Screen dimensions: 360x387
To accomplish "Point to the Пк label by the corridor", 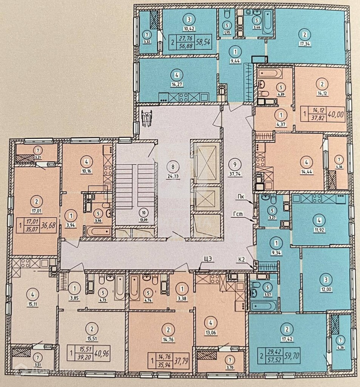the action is click(241, 196).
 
